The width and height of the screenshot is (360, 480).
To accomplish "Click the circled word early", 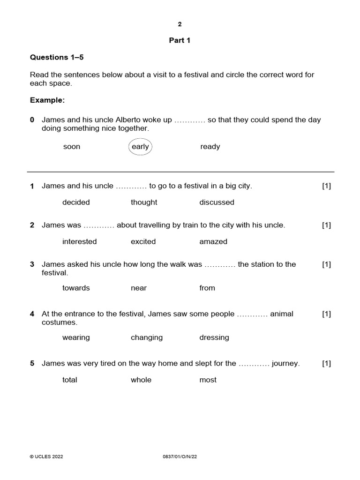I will pos(140,147).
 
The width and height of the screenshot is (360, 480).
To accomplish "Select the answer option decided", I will pos(76,202).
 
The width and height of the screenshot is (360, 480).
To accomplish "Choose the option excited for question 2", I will pos(143,242).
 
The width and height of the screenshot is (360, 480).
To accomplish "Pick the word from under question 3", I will pos(207,288).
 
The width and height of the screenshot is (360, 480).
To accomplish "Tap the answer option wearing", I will pos(76,337).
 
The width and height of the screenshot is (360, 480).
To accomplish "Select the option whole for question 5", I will pos(141,380).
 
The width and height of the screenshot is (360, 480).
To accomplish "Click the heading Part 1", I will pos(180,40).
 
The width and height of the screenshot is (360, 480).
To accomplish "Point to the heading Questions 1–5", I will pos(57,57).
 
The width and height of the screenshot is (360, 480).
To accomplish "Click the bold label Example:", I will pos(47,100).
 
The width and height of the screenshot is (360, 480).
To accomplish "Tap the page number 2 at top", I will pos(180,24).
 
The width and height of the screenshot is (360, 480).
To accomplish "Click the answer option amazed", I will pos(213,242).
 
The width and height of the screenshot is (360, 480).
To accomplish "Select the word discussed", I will pos(217,202).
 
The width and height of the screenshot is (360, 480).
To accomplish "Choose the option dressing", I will pos(214,337).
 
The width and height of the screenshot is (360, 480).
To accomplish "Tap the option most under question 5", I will pos(208,380).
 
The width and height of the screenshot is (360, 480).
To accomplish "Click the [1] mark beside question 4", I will pos(326,314).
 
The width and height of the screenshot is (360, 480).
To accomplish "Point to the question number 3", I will pos(32,264).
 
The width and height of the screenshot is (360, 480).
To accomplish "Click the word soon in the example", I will pos(72,147).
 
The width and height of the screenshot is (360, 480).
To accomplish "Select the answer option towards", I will pos(76,288).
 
